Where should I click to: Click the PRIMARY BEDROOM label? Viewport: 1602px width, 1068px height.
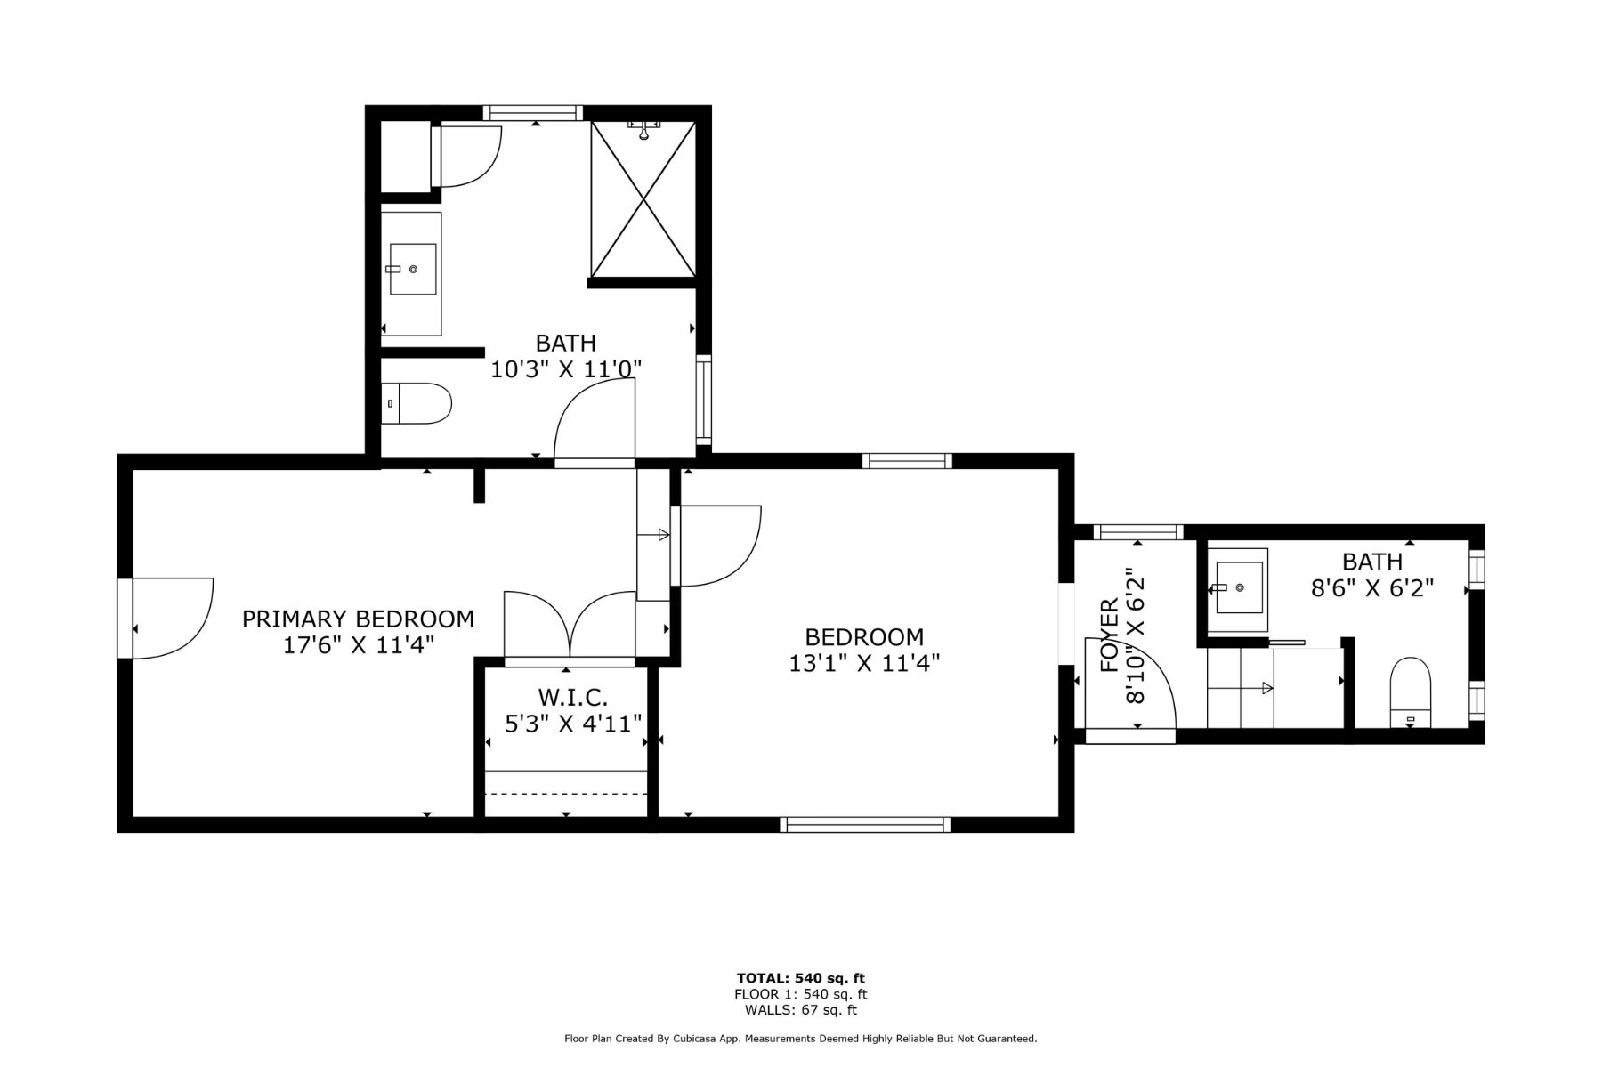click(358, 619)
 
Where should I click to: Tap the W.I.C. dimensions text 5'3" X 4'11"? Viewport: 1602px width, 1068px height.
click(573, 724)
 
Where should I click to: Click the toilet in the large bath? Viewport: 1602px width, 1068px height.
click(418, 403)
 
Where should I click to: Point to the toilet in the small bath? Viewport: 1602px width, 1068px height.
click(1409, 692)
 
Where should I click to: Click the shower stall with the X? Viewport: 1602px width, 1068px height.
click(643, 198)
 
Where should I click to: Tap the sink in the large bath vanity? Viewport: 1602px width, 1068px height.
click(412, 269)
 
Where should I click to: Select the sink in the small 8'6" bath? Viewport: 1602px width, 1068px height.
click(1239, 587)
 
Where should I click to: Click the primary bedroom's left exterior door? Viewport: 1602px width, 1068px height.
click(169, 618)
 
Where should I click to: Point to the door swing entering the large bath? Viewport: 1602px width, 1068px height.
click(595, 420)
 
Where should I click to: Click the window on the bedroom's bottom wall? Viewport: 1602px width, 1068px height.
click(864, 825)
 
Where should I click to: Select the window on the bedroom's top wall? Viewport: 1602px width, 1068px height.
click(907, 460)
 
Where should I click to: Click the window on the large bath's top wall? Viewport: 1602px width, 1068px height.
click(532, 112)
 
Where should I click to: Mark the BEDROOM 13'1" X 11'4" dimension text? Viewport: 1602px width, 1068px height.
click(864, 663)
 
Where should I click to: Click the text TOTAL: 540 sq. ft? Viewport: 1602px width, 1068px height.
click(800, 978)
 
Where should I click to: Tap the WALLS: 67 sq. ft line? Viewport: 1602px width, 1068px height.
click(800, 1010)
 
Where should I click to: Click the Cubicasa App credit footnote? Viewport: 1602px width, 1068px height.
click(800, 1039)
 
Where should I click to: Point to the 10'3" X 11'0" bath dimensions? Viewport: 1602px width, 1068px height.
click(566, 368)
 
